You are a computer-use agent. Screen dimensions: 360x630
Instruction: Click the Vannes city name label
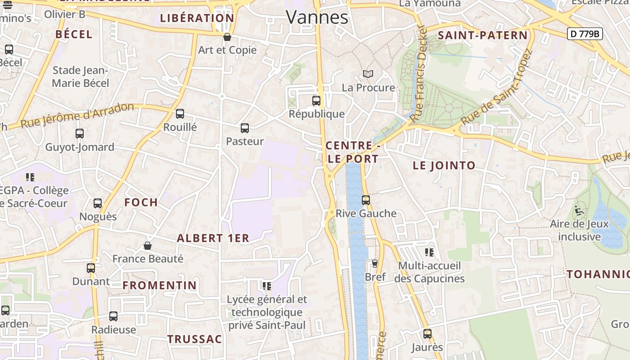(x=317, y=17)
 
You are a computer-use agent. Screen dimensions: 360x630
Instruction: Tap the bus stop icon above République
(x=316, y=101)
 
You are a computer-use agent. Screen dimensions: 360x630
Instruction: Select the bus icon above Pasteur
(x=245, y=128)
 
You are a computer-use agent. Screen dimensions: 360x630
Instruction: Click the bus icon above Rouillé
(x=180, y=114)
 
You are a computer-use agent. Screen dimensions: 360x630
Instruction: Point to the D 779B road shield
(x=585, y=34)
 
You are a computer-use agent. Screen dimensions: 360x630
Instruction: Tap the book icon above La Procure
(x=368, y=74)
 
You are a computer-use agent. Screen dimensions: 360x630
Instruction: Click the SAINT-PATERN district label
(x=482, y=35)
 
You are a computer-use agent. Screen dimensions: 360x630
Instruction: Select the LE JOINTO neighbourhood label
(x=444, y=166)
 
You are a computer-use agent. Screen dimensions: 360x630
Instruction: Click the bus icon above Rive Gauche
(x=366, y=200)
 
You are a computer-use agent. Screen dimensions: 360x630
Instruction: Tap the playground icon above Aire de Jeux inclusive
(x=579, y=210)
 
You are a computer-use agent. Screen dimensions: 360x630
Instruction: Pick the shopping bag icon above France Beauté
(x=147, y=246)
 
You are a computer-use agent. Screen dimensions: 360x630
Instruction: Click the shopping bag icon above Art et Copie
(x=227, y=37)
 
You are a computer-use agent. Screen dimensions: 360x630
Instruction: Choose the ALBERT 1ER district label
(x=213, y=238)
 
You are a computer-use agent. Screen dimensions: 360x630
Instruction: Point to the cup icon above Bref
(x=374, y=264)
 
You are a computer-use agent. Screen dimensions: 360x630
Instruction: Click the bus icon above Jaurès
(x=427, y=334)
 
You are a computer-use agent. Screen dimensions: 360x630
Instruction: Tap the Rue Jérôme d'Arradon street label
(x=77, y=115)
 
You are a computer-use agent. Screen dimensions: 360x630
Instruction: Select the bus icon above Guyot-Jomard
(x=80, y=134)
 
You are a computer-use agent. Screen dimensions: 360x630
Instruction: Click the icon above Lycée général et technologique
(x=267, y=286)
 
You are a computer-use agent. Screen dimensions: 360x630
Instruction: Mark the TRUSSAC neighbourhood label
(x=195, y=339)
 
